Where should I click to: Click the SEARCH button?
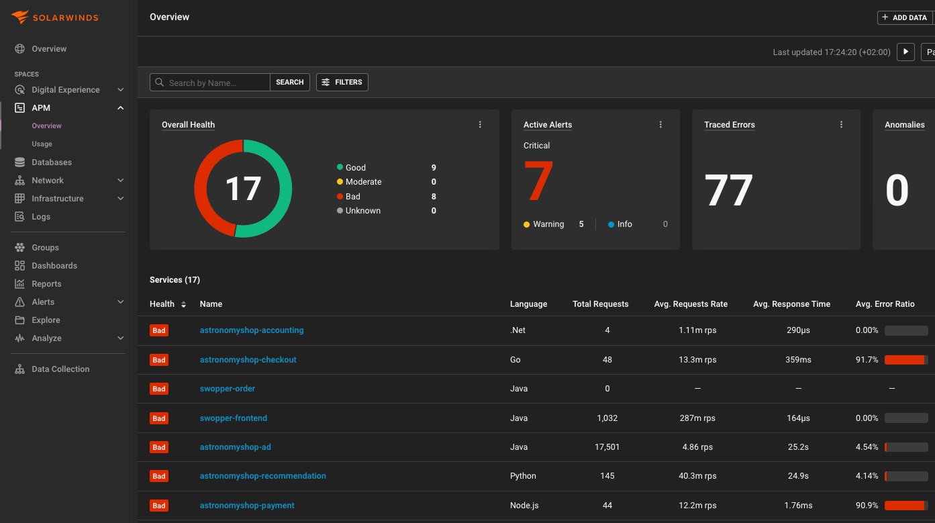290,82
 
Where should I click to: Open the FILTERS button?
342,82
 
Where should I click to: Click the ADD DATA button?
905,17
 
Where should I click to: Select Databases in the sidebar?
51,162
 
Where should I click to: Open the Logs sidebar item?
40,217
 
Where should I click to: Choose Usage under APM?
42,144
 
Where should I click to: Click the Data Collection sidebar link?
60,369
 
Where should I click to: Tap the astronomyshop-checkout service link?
248,360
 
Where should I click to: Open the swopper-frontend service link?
234,418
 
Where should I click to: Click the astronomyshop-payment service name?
247,506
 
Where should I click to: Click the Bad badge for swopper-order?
159,389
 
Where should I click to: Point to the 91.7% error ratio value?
867,360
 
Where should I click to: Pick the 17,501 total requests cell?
607,447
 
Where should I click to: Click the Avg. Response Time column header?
791,304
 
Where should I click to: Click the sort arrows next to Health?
183,305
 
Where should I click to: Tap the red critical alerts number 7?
538,181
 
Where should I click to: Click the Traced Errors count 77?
728,190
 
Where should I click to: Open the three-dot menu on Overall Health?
480,124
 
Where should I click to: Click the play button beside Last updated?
905,52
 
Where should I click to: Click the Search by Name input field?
210,82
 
